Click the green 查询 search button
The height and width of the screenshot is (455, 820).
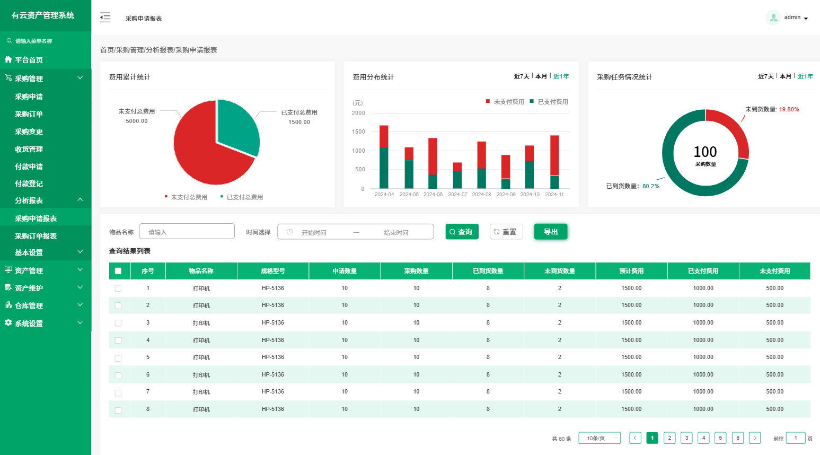pyautogui.click(x=462, y=232)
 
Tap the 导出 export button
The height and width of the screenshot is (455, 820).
pyautogui.click(x=551, y=232)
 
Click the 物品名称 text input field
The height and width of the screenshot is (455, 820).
pyautogui.click(x=187, y=232)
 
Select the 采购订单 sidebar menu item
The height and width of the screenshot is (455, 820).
pyautogui.click(x=29, y=114)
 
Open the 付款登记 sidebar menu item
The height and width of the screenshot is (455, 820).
pyautogui.click(x=29, y=183)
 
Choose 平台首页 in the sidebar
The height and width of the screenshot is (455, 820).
pyautogui.click(x=29, y=60)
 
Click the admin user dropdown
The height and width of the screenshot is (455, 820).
pyautogui.click(x=788, y=17)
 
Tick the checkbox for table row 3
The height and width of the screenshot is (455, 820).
pyautogui.click(x=118, y=323)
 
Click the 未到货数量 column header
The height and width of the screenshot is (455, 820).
pyautogui.click(x=559, y=271)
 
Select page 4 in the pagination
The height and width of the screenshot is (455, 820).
pyautogui.click(x=703, y=438)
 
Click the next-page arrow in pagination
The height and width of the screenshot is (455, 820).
pyautogui.click(x=755, y=438)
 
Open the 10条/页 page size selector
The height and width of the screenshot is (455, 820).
pyautogui.click(x=599, y=438)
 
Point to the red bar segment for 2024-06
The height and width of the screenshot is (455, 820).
pyautogui.click(x=433, y=156)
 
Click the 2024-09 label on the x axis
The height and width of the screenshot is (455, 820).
pyautogui.click(x=506, y=195)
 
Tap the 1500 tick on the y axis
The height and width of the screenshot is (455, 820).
pyautogui.click(x=358, y=132)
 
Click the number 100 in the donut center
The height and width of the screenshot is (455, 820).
pyautogui.click(x=705, y=152)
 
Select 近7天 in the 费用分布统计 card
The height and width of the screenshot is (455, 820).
pyautogui.click(x=522, y=76)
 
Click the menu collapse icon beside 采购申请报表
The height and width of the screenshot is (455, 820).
pyautogui.click(x=105, y=17)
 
